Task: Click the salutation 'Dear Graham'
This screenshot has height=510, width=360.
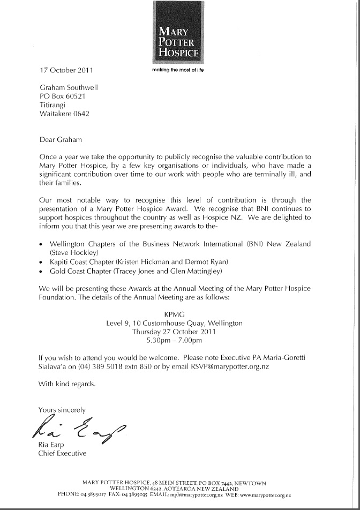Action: pos(61,139)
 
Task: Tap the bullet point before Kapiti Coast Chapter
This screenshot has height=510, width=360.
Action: pos(42,261)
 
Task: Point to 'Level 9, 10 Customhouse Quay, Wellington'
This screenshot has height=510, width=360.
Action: pos(175,323)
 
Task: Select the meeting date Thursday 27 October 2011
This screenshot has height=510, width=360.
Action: pos(175,332)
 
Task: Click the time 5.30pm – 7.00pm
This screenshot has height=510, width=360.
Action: pos(175,340)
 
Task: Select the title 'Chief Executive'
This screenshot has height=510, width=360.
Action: pos(62,454)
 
